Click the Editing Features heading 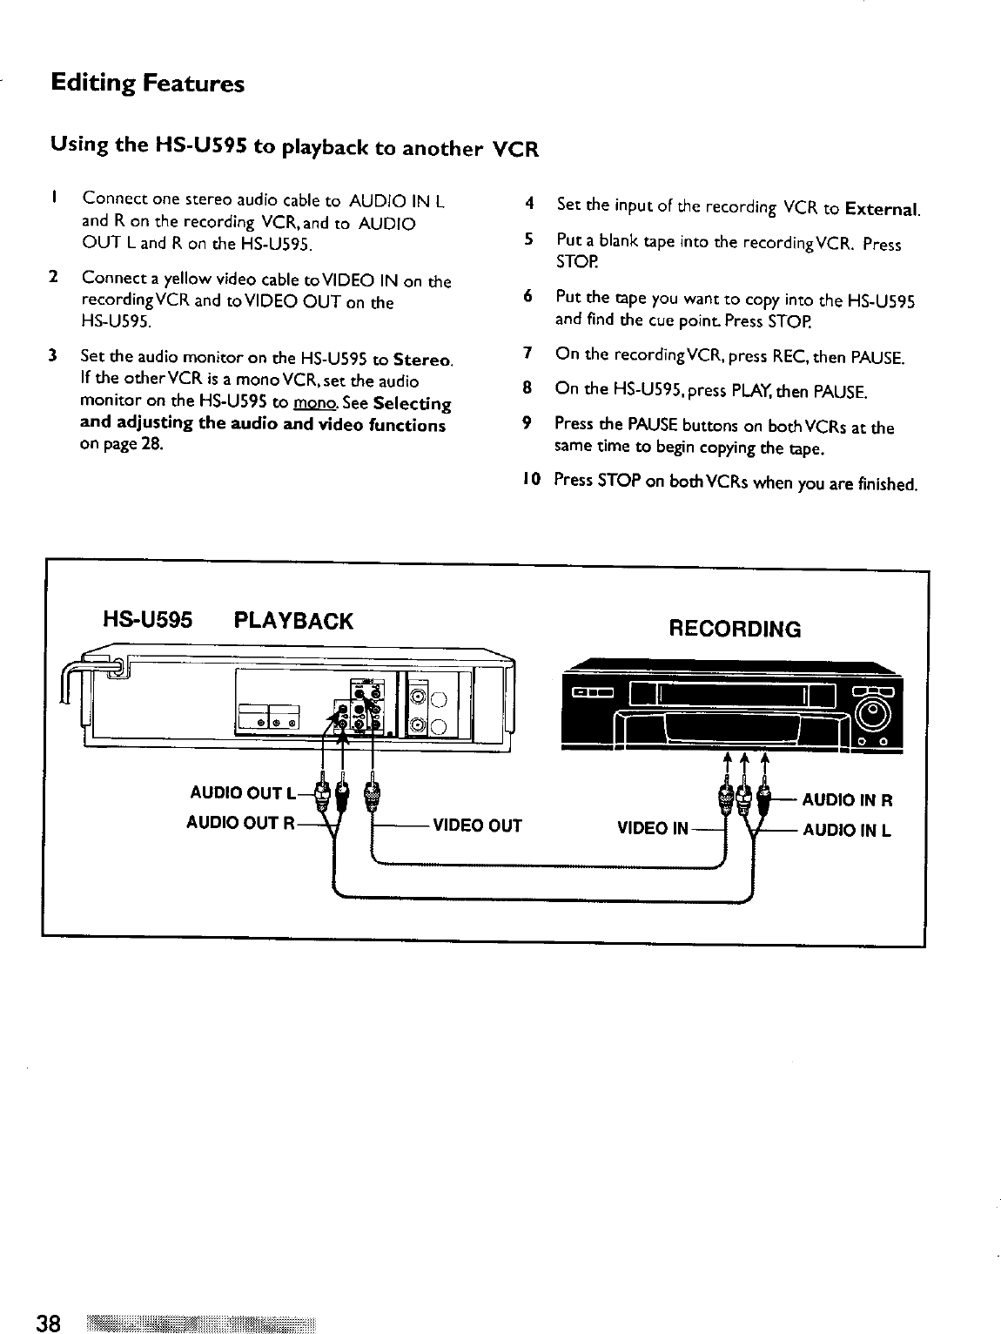[x=147, y=84]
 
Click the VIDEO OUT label [x=477, y=825]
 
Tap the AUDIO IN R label [x=847, y=800]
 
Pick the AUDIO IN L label [x=846, y=830]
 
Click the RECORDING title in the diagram [x=734, y=629]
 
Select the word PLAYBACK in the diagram [x=294, y=621]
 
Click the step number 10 [x=532, y=480]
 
